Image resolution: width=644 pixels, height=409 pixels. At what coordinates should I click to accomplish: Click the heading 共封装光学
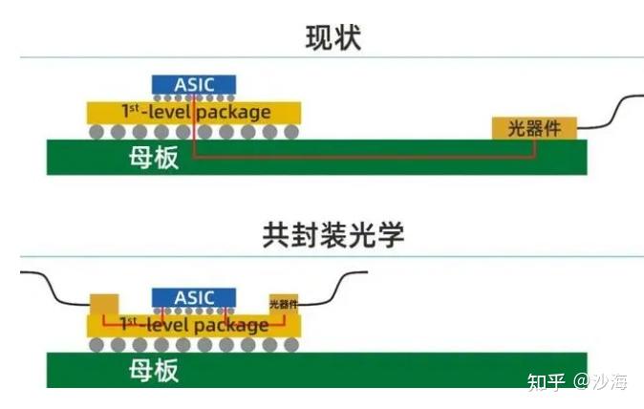(x=333, y=235)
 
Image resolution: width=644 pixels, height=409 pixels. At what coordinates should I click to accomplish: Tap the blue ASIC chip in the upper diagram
(x=194, y=85)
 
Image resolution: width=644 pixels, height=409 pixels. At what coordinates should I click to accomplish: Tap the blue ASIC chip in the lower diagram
(x=194, y=298)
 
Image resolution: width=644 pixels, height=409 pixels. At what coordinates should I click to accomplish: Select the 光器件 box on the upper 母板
(x=534, y=128)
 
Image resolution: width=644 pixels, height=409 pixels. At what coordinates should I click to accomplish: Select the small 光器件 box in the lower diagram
(x=284, y=304)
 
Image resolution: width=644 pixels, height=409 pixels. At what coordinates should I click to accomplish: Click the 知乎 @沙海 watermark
(x=577, y=382)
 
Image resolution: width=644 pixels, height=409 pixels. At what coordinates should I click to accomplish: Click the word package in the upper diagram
(x=239, y=112)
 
